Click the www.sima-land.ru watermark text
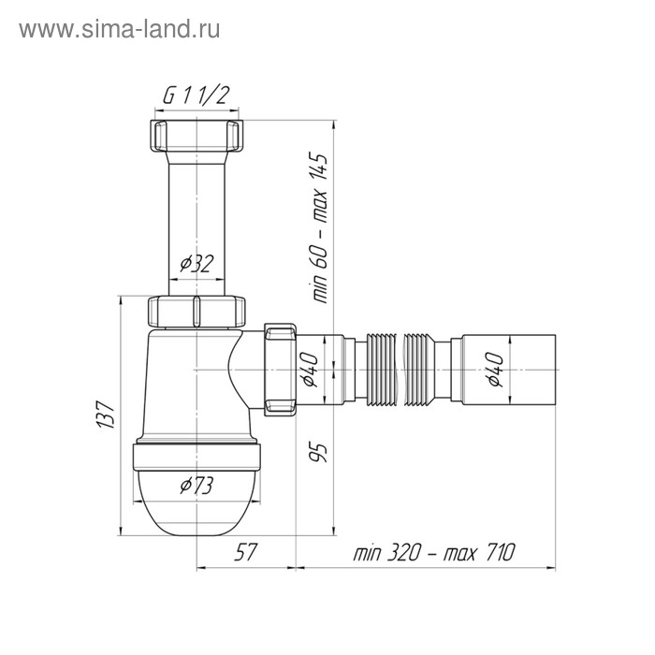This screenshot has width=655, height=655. click(119, 29)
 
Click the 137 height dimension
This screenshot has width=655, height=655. click(106, 415)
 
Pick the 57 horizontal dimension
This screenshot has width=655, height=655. click(245, 552)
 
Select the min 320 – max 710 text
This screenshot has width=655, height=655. click(434, 552)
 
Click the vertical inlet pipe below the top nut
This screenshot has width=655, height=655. click(197, 215)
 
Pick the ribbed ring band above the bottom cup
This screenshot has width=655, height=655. click(197, 454)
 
